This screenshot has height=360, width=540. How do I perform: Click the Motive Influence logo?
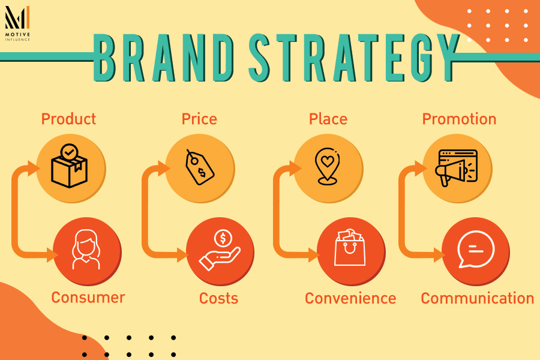(17, 22)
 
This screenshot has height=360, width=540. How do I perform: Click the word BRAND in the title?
(163, 58)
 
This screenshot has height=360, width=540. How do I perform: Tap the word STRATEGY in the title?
(353, 58)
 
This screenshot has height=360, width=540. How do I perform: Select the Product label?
(68, 119)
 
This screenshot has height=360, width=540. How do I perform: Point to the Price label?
(199, 119)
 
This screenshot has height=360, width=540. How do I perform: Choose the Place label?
(328, 119)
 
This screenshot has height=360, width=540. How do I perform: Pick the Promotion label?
(459, 119)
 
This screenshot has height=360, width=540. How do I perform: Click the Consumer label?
(88, 297)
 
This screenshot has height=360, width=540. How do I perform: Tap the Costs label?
(218, 298)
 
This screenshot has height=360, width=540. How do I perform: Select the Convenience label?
(350, 298)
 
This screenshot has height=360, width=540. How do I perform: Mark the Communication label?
(477, 298)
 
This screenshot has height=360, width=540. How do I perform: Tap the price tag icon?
(200, 167)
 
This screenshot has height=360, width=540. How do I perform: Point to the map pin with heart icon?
(328, 166)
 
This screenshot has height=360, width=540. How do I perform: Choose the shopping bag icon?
(350, 248)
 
